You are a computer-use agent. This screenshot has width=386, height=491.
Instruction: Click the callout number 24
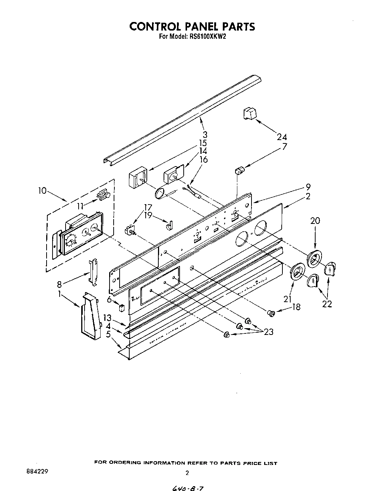click(282, 137)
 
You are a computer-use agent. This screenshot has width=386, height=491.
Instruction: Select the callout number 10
click(42, 191)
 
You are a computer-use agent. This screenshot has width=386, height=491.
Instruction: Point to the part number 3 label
click(205, 135)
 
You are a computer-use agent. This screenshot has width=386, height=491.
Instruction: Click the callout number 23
click(268, 331)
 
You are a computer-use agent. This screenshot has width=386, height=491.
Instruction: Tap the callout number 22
click(327, 304)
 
